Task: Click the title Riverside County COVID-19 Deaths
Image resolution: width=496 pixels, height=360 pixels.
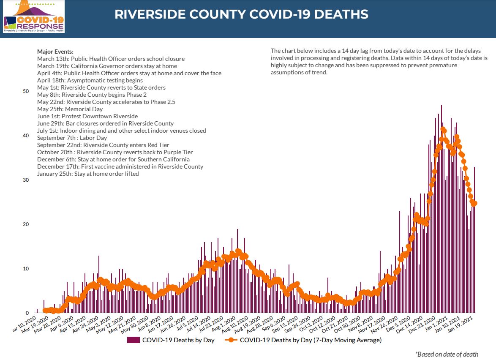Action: pyautogui.click(x=241, y=14)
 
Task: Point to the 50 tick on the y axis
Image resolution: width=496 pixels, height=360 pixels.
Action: pyautogui.click(x=26, y=91)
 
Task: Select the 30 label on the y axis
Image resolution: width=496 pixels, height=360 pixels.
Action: pyautogui.click(x=26, y=180)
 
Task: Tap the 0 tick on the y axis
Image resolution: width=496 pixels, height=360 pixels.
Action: pyautogui.click(x=27, y=313)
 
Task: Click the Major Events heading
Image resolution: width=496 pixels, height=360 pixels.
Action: pyautogui.click(x=55, y=52)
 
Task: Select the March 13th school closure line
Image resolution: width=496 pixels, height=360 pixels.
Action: pyautogui.click(x=111, y=59)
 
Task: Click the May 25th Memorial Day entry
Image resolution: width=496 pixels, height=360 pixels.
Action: pyautogui.click(x=70, y=109)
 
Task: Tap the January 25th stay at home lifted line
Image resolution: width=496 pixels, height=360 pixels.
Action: pyautogui.click(x=88, y=174)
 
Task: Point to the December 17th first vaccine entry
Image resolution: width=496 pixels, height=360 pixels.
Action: pyautogui.click(x=120, y=166)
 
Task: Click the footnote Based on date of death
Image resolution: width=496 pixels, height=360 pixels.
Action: pyautogui.click(x=447, y=354)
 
